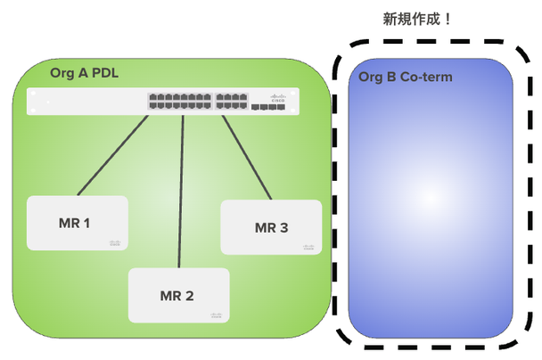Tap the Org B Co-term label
405,78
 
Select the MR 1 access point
77,223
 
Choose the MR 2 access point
178,295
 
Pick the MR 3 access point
270,227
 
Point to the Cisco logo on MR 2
216,315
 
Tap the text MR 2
177,296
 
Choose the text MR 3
271,227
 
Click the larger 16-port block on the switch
181,101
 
